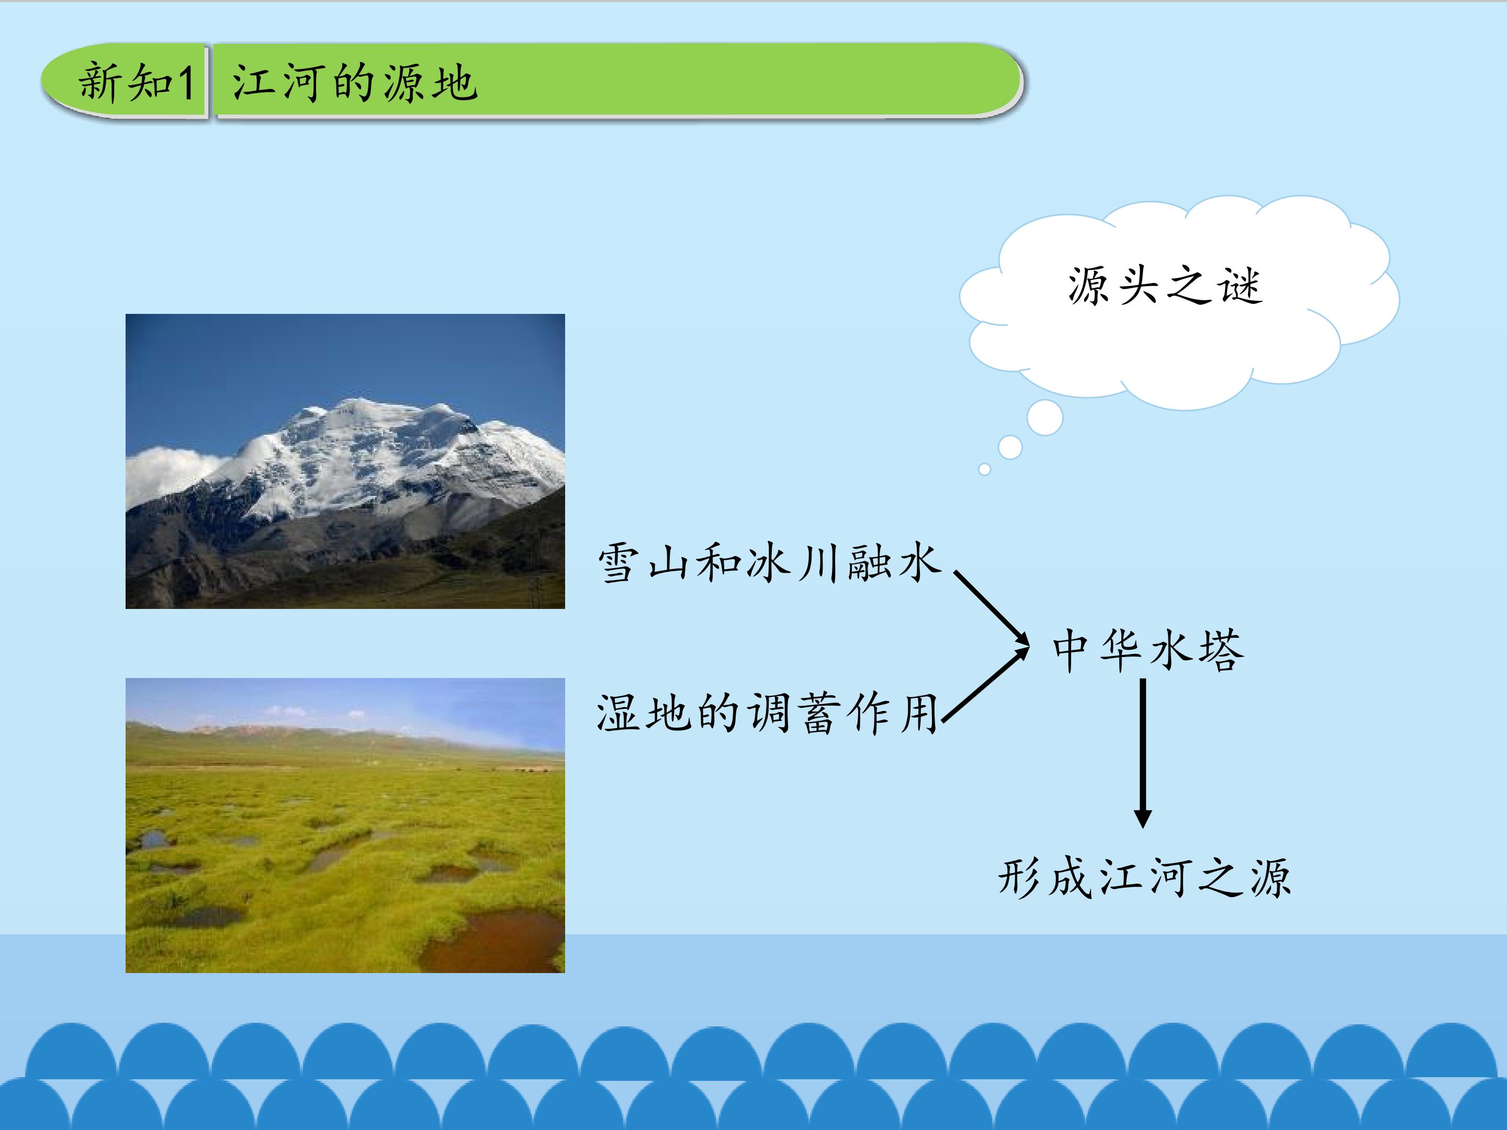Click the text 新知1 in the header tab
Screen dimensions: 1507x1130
pyautogui.click(x=136, y=82)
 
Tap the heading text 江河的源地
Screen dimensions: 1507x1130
pyautogui.click(x=354, y=83)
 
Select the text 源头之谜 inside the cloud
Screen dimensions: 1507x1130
pyautogui.click(x=1165, y=285)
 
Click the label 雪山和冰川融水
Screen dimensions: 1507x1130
pyautogui.click(x=769, y=562)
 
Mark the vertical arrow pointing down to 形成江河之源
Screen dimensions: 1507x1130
pyautogui.click(x=1143, y=753)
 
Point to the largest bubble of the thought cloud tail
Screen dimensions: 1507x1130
pyautogui.click(x=1044, y=417)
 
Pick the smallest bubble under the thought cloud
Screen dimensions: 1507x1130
pyautogui.click(x=984, y=469)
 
